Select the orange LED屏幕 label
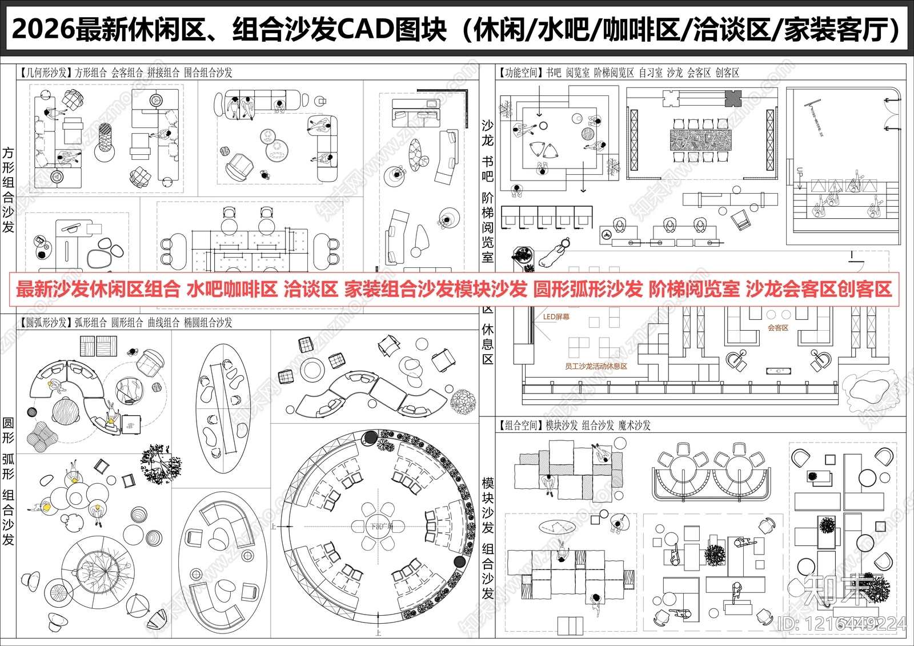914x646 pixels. tap(556, 316)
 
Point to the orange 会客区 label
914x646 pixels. tap(777, 328)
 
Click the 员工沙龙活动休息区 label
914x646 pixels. tap(596, 366)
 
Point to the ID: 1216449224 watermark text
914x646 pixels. tap(842, 624)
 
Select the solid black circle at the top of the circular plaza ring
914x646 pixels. tap(370, 438)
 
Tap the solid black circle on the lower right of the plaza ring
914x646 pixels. tap(459, 561)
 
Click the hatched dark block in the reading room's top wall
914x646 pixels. tap(733, 98)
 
